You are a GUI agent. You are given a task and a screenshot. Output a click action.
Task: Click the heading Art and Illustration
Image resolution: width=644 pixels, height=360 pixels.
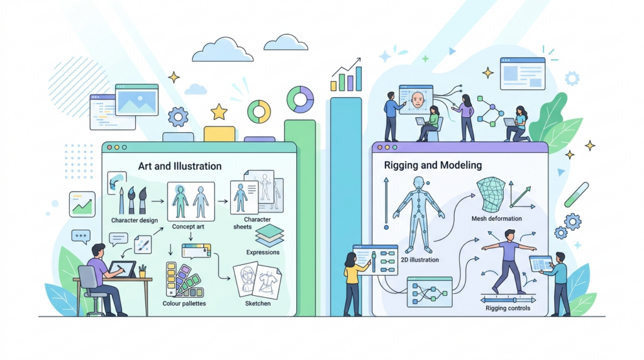pos(179,166)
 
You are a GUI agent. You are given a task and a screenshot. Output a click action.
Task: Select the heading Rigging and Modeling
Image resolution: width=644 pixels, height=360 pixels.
pos(433,165)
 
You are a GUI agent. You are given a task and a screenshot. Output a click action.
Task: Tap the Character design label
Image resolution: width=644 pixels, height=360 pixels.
pos(135,220)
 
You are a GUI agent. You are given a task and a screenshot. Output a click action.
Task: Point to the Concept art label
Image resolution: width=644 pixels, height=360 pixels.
pos(188,227)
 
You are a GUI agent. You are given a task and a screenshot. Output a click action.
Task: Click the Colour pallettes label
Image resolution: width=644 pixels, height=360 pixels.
pos(184,304)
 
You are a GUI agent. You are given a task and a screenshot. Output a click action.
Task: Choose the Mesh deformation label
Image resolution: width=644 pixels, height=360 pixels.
pos(497,218)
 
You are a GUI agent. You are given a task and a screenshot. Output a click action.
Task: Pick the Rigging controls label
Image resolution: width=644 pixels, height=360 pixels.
pos(508,308)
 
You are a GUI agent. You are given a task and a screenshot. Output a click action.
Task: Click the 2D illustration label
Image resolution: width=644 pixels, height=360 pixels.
pos(419,260)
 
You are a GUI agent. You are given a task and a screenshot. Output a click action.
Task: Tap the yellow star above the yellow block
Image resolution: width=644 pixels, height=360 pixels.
pos(219,112)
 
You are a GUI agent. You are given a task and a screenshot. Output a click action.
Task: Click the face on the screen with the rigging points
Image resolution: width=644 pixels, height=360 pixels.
pos(418,101)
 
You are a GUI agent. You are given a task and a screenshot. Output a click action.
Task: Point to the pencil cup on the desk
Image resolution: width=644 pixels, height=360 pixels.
pos(142,272)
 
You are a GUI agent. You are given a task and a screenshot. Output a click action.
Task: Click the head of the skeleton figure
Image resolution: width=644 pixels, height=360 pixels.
pos(418,183)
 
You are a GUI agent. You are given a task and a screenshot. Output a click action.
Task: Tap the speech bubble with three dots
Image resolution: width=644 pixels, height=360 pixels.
pos(81,237)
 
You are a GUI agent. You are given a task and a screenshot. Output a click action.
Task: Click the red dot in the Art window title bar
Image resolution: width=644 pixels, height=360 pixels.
pos(109,147)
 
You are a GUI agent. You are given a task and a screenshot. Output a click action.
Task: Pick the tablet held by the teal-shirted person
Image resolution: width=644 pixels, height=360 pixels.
pos(541,263)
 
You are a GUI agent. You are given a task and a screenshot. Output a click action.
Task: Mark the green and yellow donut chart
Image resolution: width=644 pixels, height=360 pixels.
pos(258,112)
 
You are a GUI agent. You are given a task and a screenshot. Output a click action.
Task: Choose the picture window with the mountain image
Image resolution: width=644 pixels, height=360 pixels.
pos(136,100)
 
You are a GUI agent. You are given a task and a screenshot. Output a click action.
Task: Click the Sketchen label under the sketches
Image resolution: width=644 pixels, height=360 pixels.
pos(257,304)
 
